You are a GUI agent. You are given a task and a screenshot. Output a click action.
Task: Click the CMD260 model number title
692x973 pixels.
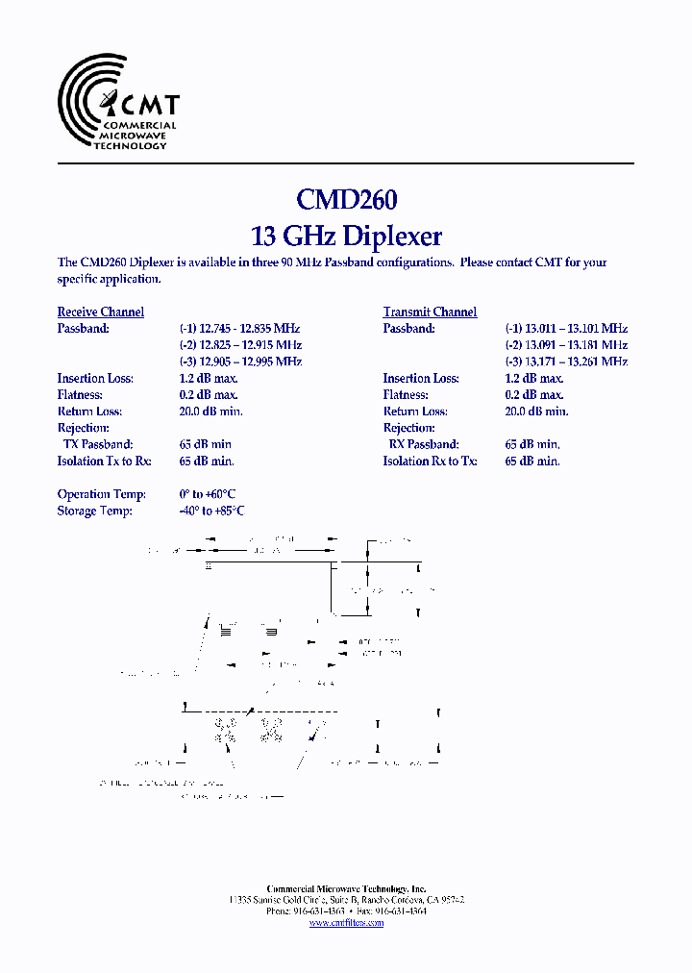coord(346,199)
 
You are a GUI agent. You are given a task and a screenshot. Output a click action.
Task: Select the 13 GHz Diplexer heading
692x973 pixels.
coord(346,236)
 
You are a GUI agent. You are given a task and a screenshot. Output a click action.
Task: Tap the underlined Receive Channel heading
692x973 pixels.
coord(101,312)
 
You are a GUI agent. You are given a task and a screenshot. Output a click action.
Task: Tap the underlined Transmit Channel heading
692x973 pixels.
coord(430,312)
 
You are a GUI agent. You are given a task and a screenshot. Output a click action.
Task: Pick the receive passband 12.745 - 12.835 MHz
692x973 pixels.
coord(240,328)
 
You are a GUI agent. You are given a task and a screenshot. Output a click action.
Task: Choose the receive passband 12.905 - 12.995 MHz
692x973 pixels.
coord(240,362)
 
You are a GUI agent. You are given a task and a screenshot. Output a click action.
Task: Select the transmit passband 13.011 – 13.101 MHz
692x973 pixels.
coord(566,328)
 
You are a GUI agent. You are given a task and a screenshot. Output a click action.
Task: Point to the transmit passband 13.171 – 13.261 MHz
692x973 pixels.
coord(566,362)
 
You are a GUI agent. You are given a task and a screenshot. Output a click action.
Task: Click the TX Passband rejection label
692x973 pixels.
coord(98,444)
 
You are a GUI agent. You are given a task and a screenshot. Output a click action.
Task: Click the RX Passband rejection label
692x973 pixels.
coord(424,444)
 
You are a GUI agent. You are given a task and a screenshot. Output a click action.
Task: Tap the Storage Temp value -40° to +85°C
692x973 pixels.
coord(211,511)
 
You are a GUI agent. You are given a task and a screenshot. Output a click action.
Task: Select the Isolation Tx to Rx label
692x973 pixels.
coord(104,461)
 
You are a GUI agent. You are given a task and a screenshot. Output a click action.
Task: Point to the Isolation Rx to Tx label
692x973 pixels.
coord(430,461)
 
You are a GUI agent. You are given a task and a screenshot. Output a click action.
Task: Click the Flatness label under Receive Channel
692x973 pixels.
coord(82,394)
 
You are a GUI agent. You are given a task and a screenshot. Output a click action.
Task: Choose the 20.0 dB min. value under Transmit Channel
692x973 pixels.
coord(536,412)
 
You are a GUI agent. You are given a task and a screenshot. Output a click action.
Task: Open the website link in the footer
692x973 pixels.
coord(346,923)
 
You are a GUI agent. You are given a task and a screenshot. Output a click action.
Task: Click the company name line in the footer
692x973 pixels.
coord(346,889)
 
